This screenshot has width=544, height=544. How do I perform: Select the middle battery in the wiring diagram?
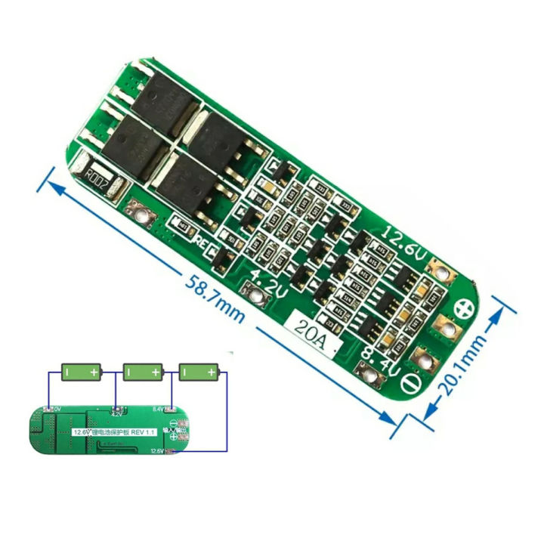point(143,372)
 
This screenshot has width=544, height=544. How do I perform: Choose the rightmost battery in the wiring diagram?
point(199,372)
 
